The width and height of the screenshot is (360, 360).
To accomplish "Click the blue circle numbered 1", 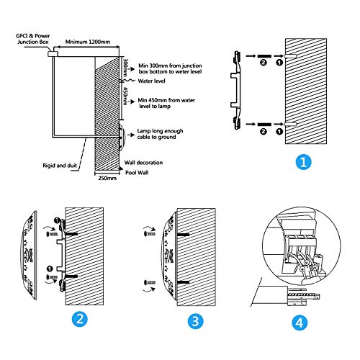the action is point(303,162).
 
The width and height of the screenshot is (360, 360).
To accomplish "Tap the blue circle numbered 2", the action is point(80,319).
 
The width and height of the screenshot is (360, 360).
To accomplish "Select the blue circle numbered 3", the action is point(195,321).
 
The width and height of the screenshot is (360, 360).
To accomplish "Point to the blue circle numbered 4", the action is point(300,323).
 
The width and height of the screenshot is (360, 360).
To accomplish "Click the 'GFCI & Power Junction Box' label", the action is point(33,39).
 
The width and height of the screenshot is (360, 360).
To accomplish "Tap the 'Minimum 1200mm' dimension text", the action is point(88,42).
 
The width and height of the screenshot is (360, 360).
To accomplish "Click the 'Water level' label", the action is point(151,81).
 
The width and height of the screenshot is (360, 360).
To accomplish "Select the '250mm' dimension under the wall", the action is point(107,178).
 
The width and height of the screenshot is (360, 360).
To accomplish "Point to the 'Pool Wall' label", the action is point(137,173).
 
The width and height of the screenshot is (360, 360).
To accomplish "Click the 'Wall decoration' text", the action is point(143,163).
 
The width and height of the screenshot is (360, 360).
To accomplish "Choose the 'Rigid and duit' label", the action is point(60,166).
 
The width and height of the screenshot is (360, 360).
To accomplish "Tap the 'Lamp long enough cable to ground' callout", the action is point(160,134).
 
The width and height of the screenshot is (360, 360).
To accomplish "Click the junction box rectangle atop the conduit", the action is point(53,54).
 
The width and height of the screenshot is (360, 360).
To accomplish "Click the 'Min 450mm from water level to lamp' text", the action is point(166,103).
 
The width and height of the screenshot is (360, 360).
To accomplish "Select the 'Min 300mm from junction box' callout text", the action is point(170,68).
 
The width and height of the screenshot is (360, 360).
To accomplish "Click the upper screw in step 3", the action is point(150,233).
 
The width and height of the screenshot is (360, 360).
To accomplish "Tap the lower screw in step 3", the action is point(150,282).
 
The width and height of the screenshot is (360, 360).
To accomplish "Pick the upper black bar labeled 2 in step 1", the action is point(264,56).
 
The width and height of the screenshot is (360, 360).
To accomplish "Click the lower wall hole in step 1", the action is point(291,124).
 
